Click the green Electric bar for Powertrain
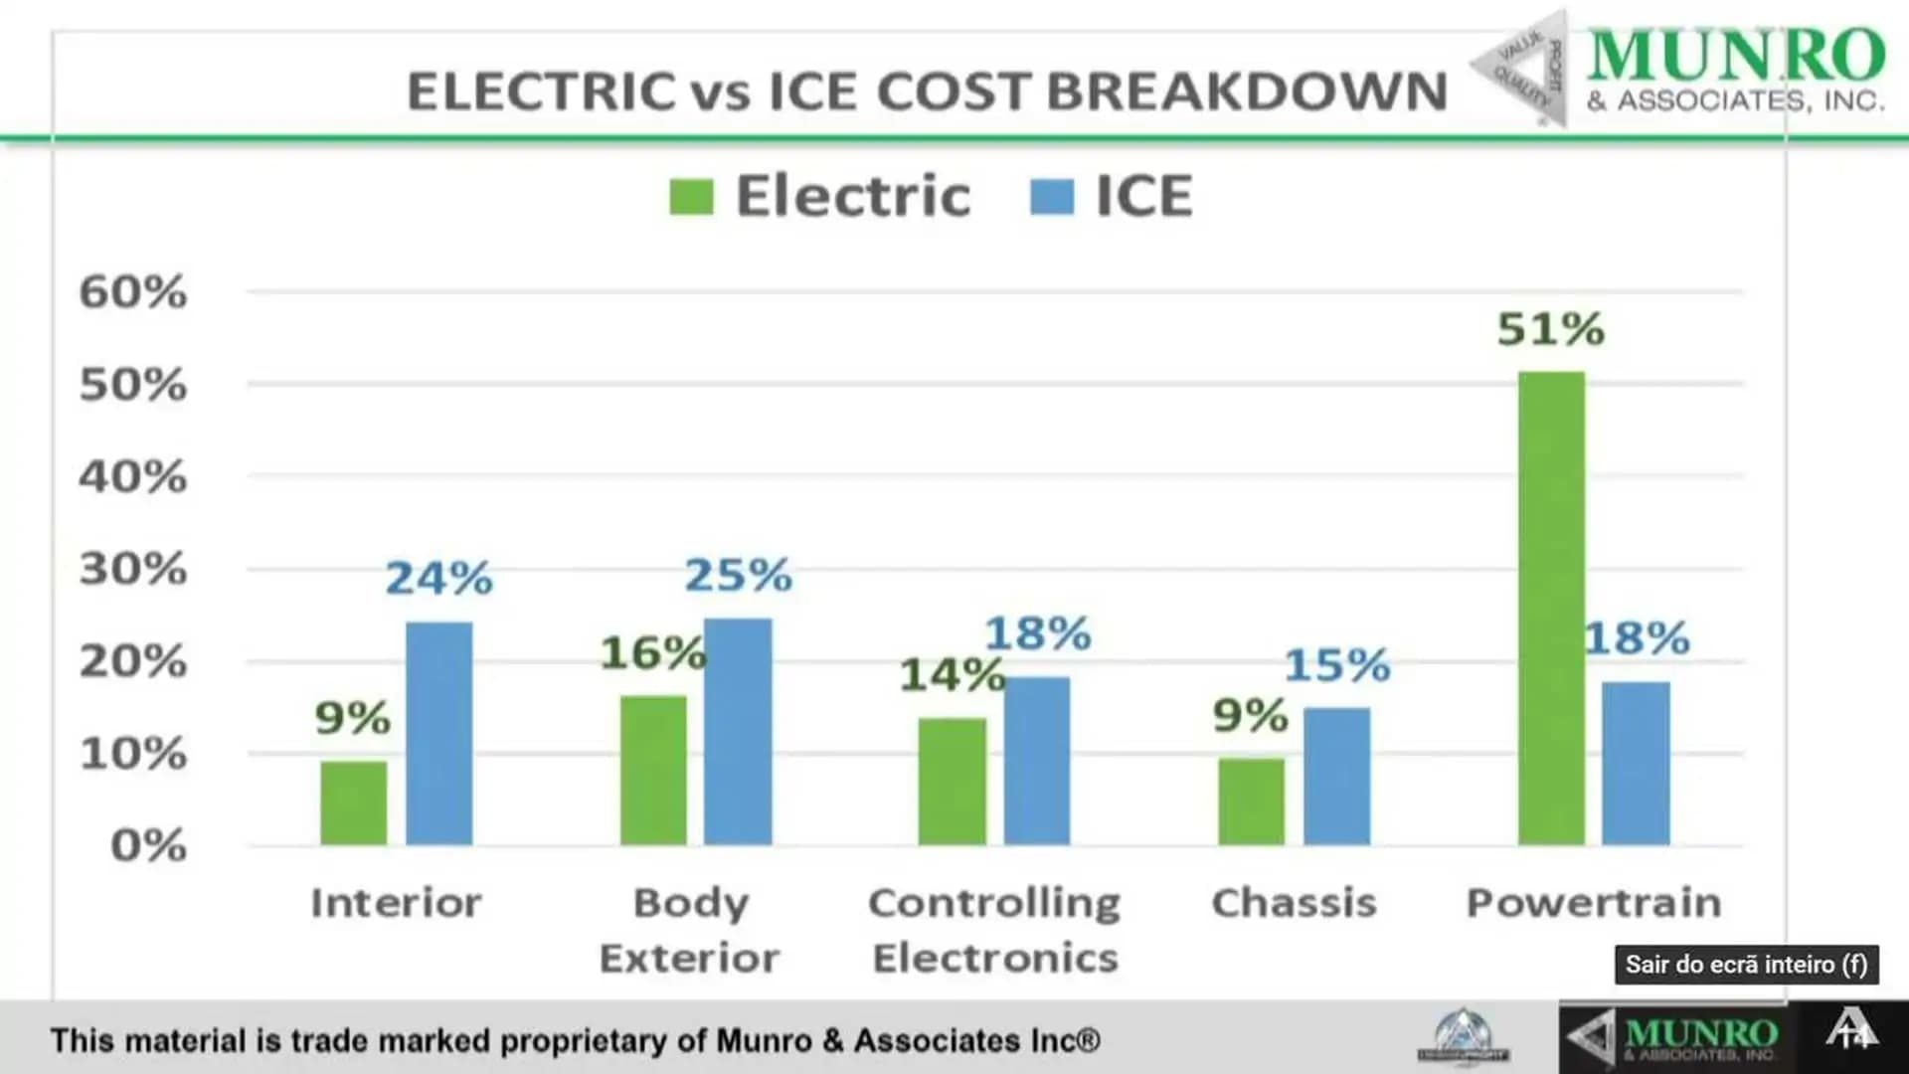pyautogui.click(x=1551, y=609)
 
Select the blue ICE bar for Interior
pyautogui.click(x=438, y=734)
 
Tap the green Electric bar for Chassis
pyautogui.click(x=1251, y=802)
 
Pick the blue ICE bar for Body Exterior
pyautogui.click(x=738, y=732)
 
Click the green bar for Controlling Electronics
pyautogui.click(x=952, y=782)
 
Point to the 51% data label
pyautogui.click(x=1551, y=329)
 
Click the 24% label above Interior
pyautogui.click(x=438, y=578)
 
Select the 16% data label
pyautogui.click(x=652, y=652)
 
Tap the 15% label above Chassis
pyautogui.click(x=1336, y=664)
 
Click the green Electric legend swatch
pyautogui.click(x=691, y=196)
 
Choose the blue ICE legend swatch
pyautogui.click(x=1052, y=196)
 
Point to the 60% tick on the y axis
pyautogui.click(x=133, y=292)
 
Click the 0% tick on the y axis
pyautogui.click(x=148, y=845)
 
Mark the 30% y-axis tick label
pyautogui.click(x=133, y=569)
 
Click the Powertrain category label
pyautogui.click(x=1594, y=903)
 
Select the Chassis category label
pyautogui.click(x=1294, y=903)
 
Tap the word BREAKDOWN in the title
pyautogui.click(x=1247, y=91)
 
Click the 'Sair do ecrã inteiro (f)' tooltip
pyautogui.click(x=1746, y=965)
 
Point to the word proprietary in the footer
pyautogui.click(x=584, y=1040)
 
